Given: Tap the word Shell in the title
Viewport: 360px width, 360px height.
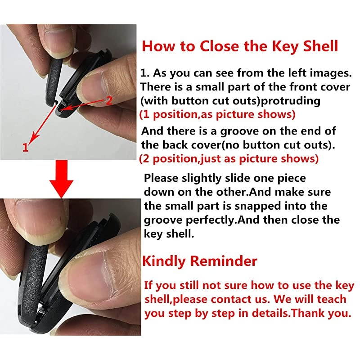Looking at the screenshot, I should [x=316, y=46].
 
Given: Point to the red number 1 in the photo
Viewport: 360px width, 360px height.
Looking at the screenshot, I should [x=26, y=147].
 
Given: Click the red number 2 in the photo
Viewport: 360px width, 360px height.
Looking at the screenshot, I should [x=108, y=100].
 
